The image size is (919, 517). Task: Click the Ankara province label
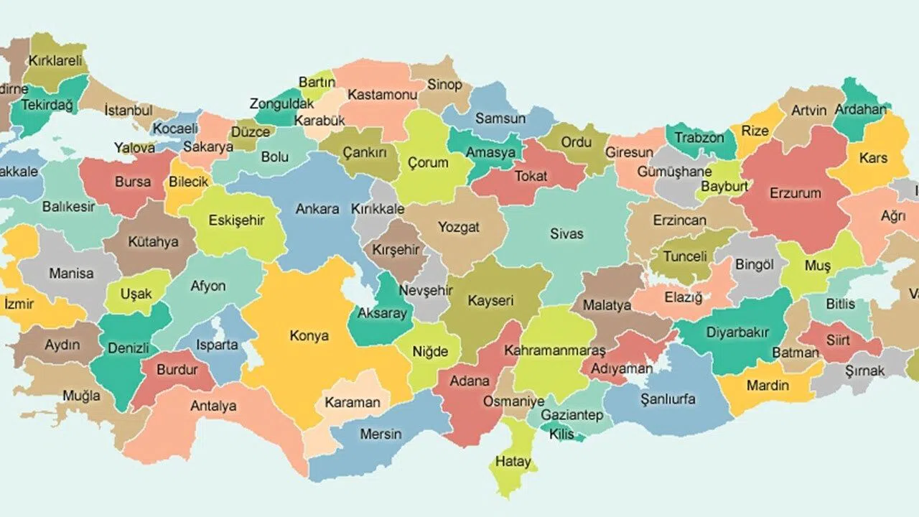coord(317,209)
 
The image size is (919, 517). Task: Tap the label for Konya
coord(309,335)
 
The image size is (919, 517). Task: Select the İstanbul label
coord(129,111)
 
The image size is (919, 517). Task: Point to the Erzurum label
coord(795,193)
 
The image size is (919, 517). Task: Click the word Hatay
coord(513,461)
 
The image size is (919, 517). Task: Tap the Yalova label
coord(134,148)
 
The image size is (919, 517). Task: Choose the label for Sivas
coord(566,233)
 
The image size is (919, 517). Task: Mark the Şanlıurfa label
coord(668,399)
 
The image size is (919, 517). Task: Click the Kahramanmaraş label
coord(554,350)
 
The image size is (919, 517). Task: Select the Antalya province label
coord(213,406)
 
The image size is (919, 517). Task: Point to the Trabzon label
coord(699,137)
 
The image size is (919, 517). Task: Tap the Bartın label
coord(317,83)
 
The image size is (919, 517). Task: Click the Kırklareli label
coord(56,61)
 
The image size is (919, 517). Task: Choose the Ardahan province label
coord(860,111)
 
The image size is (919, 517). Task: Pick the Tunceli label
coord(685,256)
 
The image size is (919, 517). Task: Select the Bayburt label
coord(724,186)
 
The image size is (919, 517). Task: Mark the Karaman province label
coord(352,402)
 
